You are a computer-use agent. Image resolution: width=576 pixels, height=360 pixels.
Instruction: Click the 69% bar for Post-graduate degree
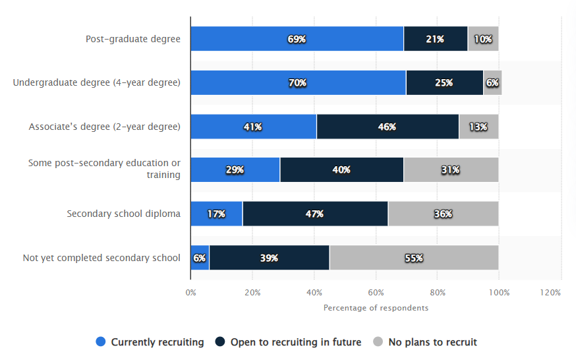(297, 39)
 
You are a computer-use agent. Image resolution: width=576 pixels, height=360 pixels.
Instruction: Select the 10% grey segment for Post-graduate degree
(483, 39)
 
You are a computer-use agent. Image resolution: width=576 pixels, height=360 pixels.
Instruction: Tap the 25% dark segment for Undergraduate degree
(444, 83)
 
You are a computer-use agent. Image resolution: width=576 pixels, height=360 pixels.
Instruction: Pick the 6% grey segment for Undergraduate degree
(492, 83)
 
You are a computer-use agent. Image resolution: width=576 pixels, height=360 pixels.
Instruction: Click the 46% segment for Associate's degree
(388, 127)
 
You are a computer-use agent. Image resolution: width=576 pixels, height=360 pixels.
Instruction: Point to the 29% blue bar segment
(235, 170)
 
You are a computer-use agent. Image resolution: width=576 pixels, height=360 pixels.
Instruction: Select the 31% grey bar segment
(451, 170)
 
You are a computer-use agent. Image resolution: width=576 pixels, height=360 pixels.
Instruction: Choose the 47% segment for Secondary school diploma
(315, 214)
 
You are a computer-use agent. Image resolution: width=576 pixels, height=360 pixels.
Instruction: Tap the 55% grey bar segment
(414, 258)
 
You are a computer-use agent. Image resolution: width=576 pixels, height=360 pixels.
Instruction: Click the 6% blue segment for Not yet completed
(200, 258)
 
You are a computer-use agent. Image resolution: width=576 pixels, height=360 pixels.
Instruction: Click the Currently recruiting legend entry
(150, 342)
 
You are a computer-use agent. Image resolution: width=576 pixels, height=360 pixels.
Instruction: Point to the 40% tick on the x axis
(314, 292)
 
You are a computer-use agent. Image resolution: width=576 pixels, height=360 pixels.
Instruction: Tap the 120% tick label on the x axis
(550, 292)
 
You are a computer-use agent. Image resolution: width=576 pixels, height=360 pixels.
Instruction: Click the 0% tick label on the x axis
(190, 292)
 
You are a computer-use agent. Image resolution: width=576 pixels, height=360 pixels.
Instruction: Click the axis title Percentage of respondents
(376, 308)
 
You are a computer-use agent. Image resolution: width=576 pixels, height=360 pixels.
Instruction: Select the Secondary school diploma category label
(123, 214)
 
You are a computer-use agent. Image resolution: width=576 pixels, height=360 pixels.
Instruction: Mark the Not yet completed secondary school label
(101, 258)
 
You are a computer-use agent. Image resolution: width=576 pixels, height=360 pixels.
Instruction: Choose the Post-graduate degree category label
(132, 39)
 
